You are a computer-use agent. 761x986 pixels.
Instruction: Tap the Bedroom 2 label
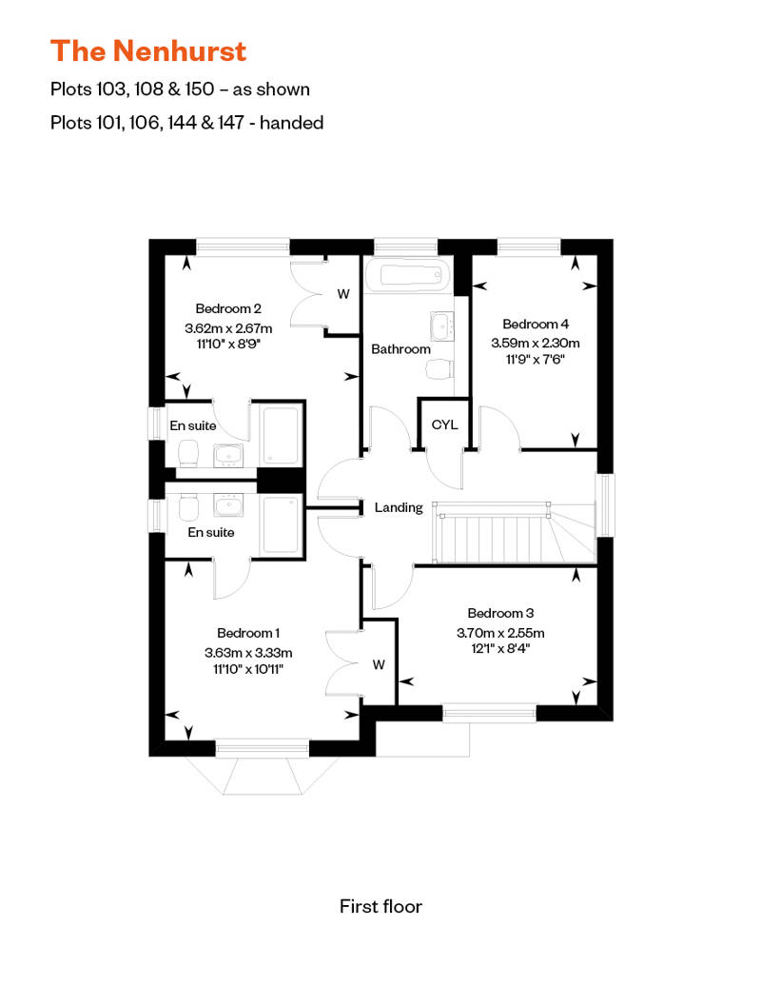coord(228,308)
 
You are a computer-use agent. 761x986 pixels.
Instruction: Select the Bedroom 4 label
coord(536,324)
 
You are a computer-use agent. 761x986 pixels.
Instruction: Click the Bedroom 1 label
coord(247,633)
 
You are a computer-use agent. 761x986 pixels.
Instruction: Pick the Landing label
coord(399,507)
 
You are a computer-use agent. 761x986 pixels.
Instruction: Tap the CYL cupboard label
coord(444,424)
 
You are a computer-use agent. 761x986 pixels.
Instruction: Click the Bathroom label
coord(400,349)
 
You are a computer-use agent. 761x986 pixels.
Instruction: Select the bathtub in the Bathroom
coord(412,277)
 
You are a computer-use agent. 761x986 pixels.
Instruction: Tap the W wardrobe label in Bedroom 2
coord(343,294)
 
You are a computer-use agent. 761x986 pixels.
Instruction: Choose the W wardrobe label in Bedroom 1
coord(379,664)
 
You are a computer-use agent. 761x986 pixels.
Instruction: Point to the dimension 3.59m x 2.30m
coord(536,343)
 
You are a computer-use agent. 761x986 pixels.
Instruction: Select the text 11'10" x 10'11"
coord(247,670)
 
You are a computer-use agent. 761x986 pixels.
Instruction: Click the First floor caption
coord(380,906)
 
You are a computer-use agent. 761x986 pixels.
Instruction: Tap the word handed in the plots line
coord(295,122)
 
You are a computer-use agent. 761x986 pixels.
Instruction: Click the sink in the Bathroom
coord(442,325)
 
